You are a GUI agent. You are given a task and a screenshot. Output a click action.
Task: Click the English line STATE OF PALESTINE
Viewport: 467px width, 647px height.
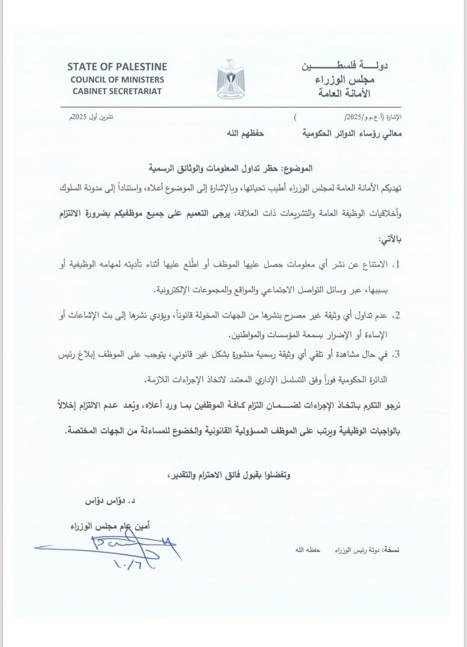coord(117,67)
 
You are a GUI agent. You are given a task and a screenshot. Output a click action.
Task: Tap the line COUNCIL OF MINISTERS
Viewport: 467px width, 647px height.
coord(117,80)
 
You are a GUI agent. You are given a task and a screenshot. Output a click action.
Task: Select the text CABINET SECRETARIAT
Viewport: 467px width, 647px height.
coord(117,91)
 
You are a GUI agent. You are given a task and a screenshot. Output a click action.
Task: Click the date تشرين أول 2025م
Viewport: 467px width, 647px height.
coord(89,117)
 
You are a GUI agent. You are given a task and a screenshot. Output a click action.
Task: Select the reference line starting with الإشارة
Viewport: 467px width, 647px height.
coord(373,117)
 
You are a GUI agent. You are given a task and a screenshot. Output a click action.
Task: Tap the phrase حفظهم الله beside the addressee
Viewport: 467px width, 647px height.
coord(246,134)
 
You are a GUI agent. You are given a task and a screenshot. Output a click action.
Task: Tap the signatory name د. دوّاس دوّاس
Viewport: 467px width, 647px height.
coord(110,501)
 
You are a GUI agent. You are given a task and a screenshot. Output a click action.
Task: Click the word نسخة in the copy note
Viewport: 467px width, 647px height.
coord(393,550)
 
